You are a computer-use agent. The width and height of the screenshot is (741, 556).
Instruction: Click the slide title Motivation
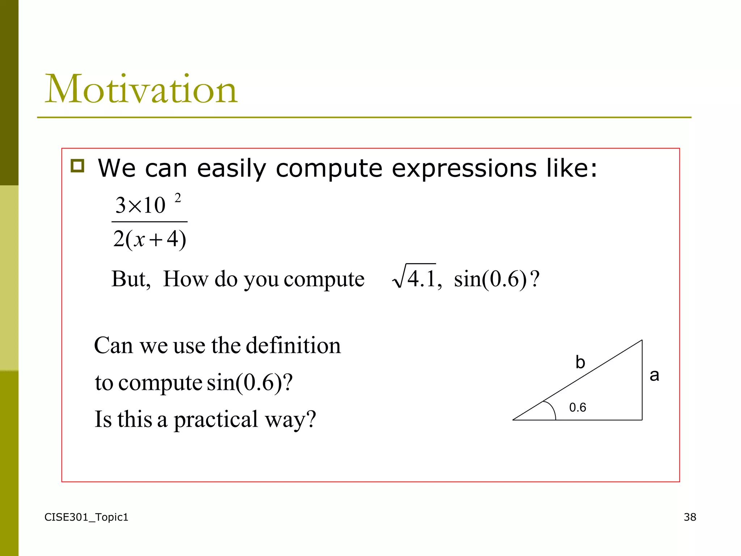141,89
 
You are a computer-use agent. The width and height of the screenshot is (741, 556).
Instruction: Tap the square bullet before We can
77,166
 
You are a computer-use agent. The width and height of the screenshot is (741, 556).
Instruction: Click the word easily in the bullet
232,169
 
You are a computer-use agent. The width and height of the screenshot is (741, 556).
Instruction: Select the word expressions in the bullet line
464,169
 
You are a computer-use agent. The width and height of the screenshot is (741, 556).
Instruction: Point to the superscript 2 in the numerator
178,198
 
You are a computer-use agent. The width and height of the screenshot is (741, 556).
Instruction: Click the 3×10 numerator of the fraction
140,205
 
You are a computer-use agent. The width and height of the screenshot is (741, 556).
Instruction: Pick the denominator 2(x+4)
149,239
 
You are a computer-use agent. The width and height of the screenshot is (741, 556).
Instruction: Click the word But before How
131,279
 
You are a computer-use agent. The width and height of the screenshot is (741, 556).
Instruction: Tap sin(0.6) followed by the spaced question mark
496,279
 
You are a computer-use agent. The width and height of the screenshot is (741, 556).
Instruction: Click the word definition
293,345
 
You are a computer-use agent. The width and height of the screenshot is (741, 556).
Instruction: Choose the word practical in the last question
216,420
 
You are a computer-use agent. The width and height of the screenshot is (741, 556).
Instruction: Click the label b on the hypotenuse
580,362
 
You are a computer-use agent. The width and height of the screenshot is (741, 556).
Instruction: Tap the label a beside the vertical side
654,375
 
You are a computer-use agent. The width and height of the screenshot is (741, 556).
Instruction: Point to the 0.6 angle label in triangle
577,408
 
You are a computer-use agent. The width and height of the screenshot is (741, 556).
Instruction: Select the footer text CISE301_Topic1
86,517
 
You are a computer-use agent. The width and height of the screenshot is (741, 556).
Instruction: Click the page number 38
690,517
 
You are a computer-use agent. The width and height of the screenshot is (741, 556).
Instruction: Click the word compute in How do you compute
324,279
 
